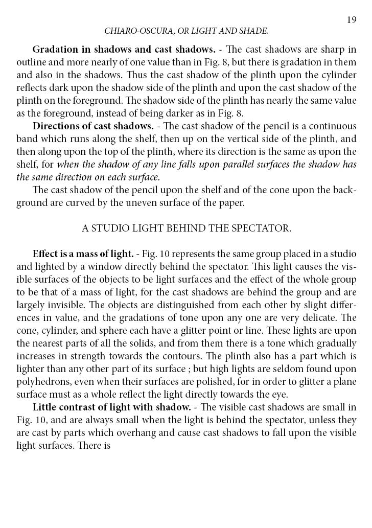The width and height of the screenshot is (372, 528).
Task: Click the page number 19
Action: [x=351, y=20]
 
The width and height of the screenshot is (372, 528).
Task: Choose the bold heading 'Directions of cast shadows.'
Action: [x=92, y=126]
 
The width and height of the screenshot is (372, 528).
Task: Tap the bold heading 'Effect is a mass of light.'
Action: [x=83, y=254]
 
